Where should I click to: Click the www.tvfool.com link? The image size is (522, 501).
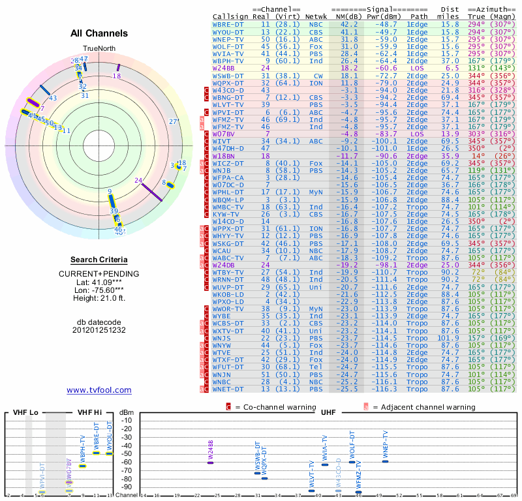(x=99, y=390)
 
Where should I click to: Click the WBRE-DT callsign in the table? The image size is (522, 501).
(x=228, y=23)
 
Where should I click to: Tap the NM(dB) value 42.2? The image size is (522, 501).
(x=349, y=23)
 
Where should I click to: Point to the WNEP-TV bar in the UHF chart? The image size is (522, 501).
(x=385, y=461)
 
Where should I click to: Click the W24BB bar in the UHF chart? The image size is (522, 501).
(x=210, y=462)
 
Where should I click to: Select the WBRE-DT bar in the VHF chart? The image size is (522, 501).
(x=97, y=452)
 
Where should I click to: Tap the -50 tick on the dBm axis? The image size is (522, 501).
(x=127, y=453)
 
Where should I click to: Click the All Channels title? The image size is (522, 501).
(x=99, y=33)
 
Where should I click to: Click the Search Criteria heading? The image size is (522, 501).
(x=99, y=260)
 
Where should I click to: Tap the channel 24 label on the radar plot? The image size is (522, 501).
(x=138, y=180)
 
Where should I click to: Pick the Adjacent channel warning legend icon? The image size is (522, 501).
(x=366, y=407)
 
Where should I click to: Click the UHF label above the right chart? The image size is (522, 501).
(x=328, y=413)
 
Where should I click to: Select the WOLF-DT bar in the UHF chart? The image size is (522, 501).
(x=352, y=462)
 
